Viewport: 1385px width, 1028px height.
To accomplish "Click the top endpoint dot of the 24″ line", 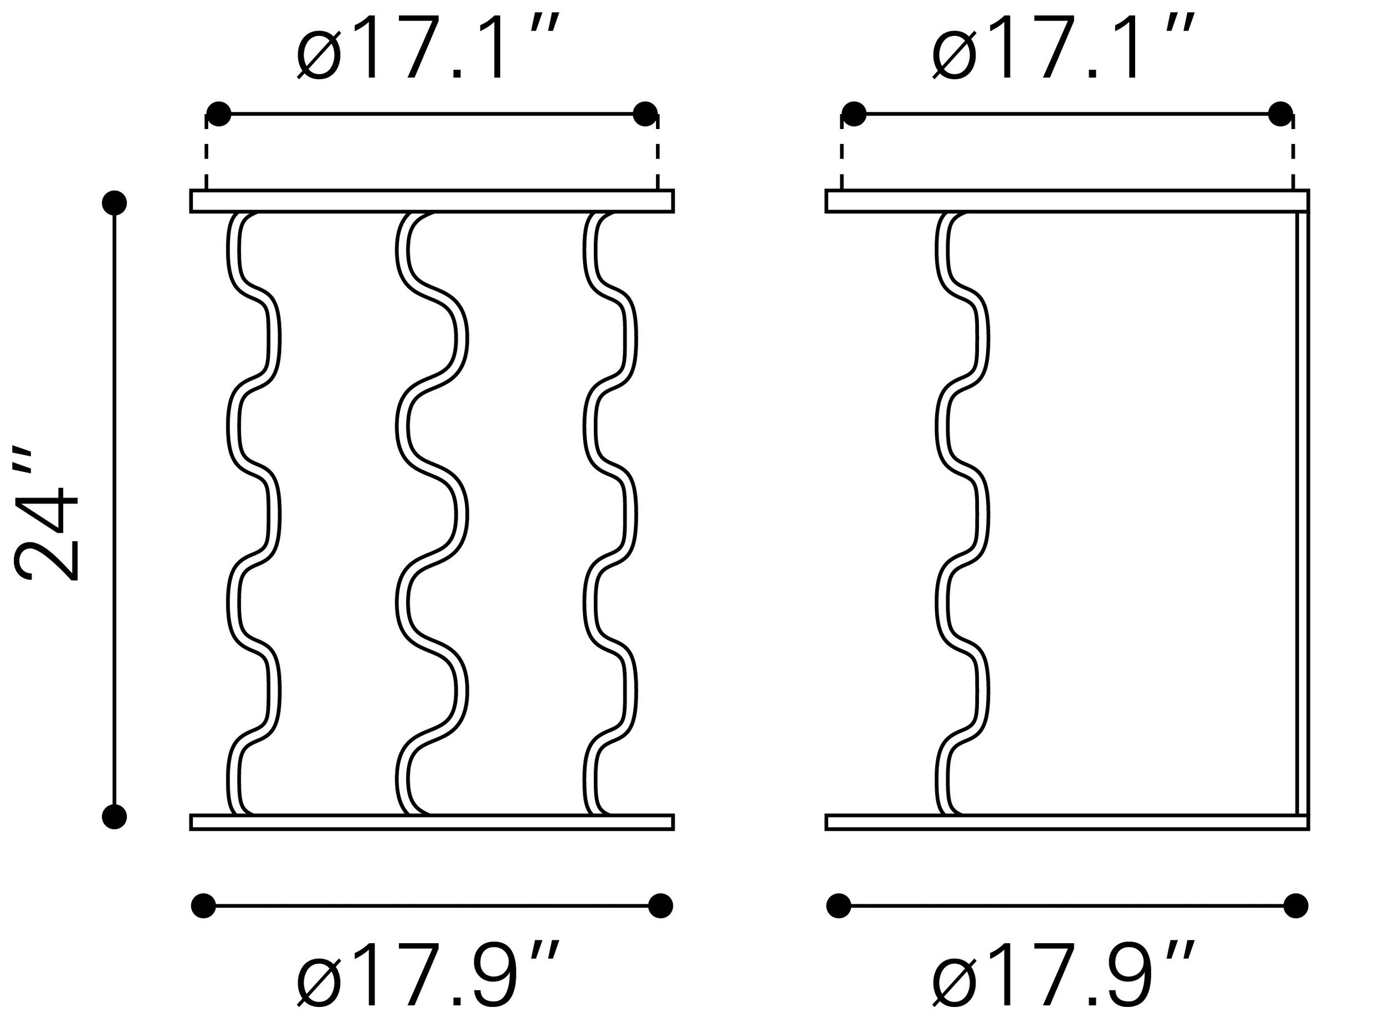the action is pos(115,202).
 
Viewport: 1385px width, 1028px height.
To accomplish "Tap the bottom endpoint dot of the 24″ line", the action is pos(115,816).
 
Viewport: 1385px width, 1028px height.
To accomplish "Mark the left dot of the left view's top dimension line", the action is pos(218,114).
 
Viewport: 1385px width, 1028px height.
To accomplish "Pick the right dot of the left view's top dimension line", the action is pos(645,114).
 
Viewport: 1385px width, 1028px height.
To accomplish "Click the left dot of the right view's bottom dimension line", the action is pos(839,906).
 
